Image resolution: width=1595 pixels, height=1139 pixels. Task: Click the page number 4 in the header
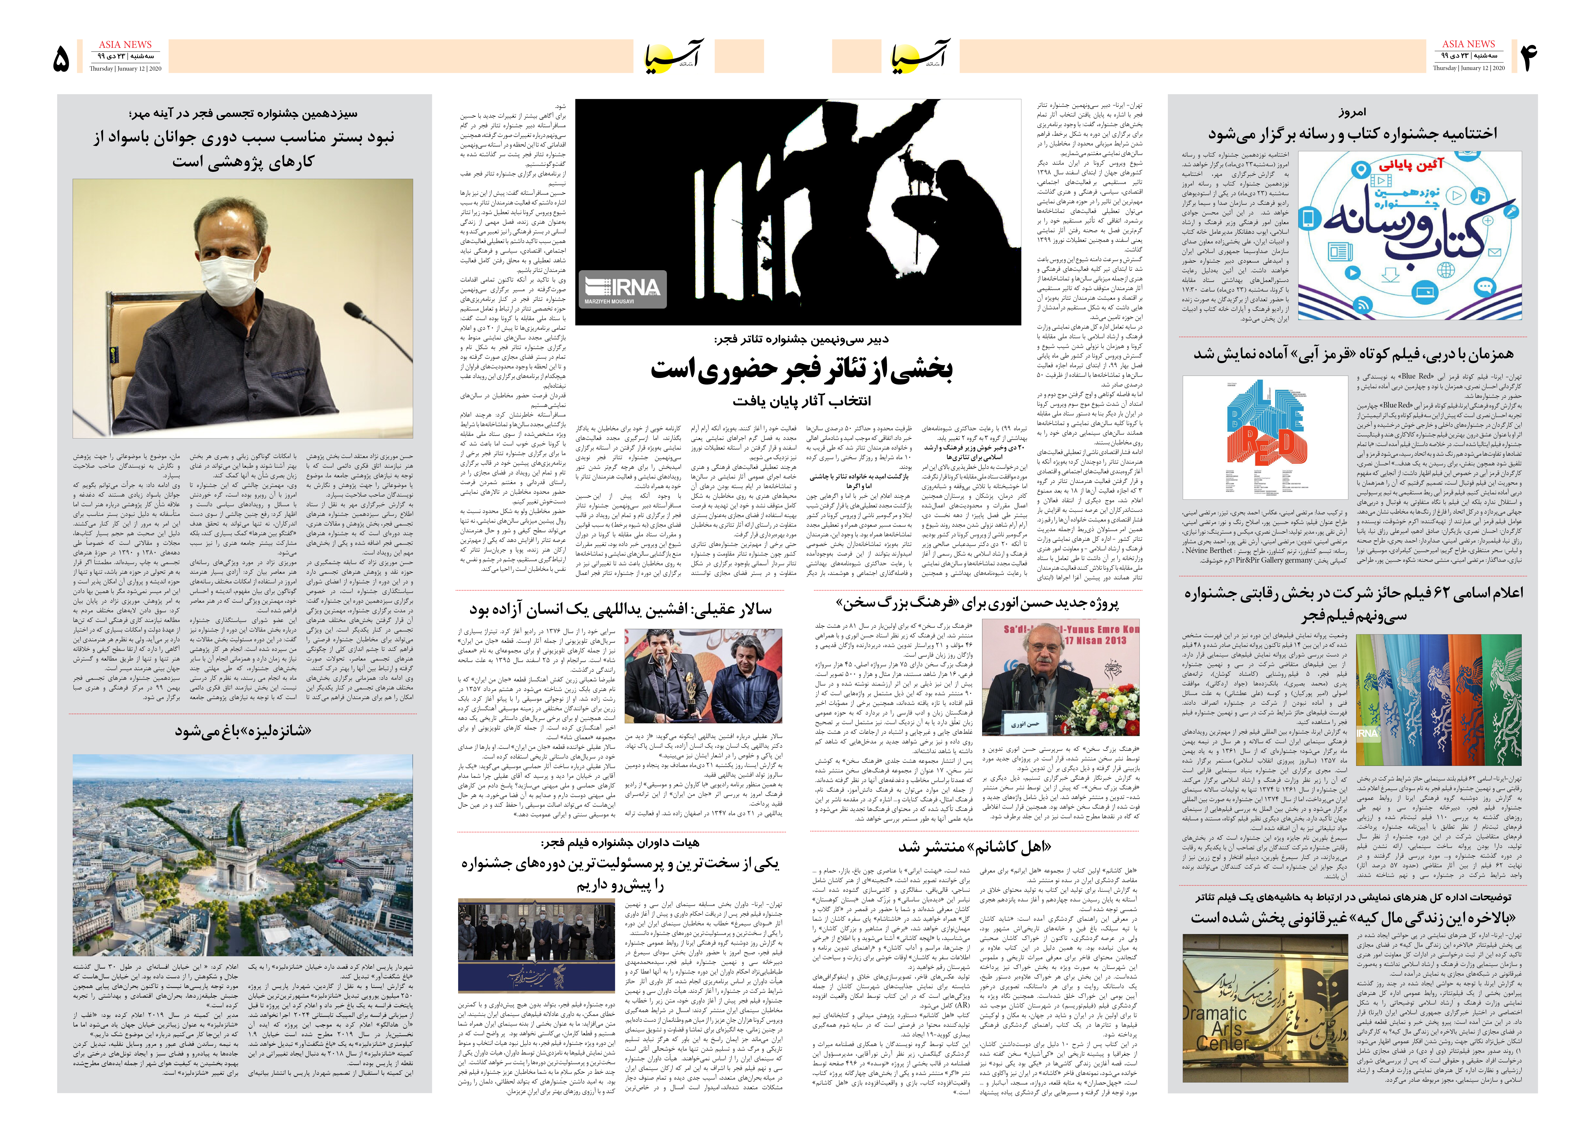pyautogui.click(x=1528, y=57)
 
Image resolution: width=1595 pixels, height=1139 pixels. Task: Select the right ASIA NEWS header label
pyautogui.click(x=1468, y=43)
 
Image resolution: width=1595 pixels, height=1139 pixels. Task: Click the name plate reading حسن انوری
pyautogui.click(x=1025, y=723)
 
